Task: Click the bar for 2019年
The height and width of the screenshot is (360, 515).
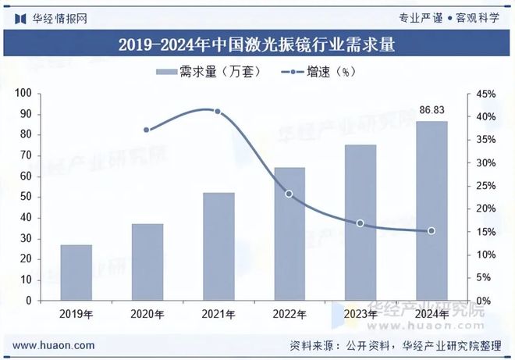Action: [x=76, y=273]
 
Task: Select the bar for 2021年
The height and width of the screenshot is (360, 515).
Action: [x=218, y=246]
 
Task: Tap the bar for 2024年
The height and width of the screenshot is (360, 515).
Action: [x=432, y=211]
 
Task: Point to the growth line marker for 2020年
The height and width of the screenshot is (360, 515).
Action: [x=147, y=130]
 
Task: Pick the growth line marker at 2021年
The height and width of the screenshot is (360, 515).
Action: [x=218, y=112]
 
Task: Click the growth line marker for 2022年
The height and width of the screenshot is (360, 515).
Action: [x=289, y=194]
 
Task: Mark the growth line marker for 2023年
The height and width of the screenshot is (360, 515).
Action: [x=360, y=223]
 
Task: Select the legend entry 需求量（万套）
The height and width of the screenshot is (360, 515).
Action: [x=203, y=72]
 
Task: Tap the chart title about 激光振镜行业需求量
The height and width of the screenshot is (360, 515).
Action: [x=257, y=45]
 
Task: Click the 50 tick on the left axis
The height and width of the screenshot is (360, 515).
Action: [x=46, y=197]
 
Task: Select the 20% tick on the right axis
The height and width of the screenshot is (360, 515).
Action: [x=486, y=209]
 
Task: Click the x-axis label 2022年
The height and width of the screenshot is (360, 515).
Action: [x=289, y=315]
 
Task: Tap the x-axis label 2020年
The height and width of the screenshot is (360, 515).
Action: [x=147, y=315]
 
